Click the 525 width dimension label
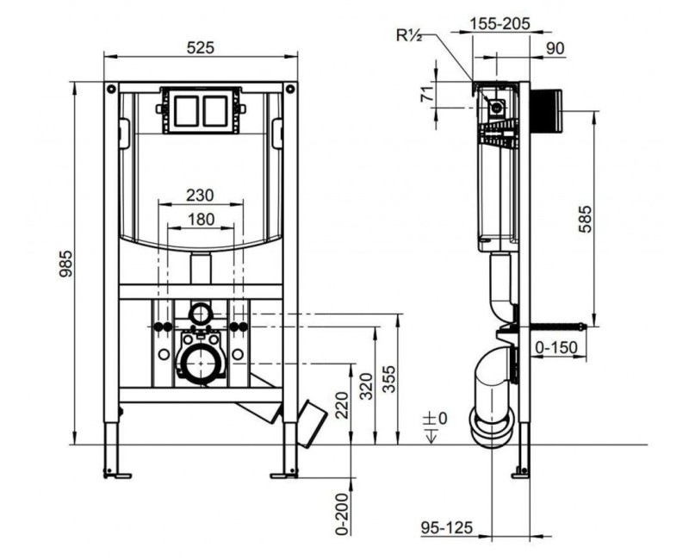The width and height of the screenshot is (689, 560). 201,47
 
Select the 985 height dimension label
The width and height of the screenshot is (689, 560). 65,264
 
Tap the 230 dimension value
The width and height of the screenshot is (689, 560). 200,195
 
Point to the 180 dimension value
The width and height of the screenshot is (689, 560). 201,219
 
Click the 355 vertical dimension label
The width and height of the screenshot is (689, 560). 389,379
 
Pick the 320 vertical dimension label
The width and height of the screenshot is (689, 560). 366,386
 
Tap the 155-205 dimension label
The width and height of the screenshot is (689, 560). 500,23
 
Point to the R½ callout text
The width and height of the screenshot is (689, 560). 409,35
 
